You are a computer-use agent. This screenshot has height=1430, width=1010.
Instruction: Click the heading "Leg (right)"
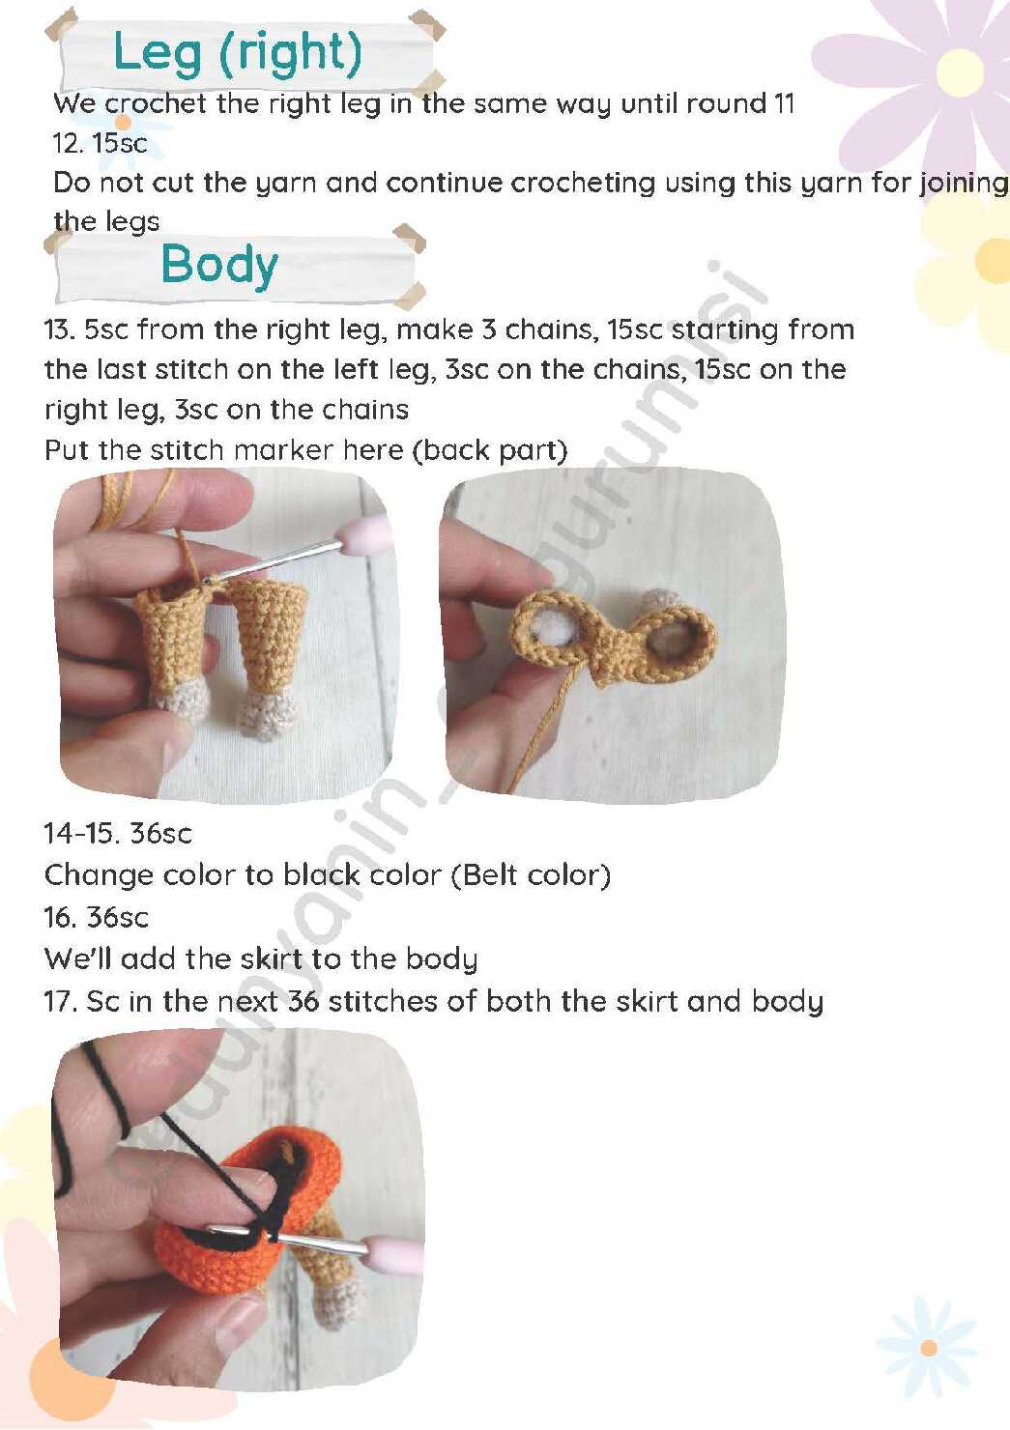pos(237,54)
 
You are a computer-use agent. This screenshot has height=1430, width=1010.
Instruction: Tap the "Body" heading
pos(219,265)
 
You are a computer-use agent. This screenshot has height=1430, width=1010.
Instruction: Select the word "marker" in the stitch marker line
pos(284,450)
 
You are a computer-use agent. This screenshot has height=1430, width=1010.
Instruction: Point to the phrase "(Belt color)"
pos(532,875)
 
